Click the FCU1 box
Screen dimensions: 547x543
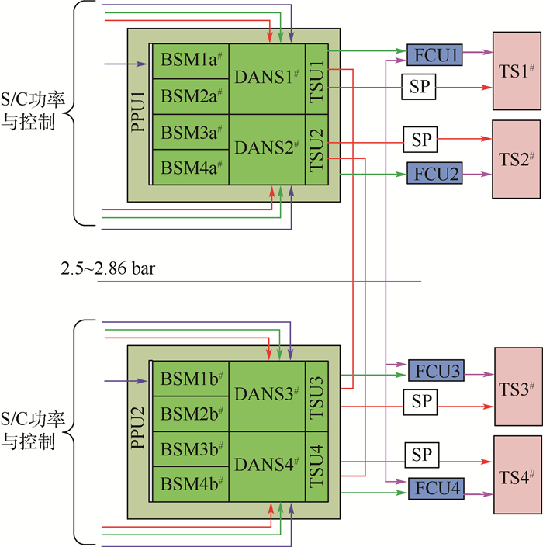tap(434, 54)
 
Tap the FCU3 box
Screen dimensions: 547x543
tap(436, 371)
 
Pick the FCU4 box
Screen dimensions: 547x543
tap(436, 489)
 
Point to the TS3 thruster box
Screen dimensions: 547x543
tap(516, 386)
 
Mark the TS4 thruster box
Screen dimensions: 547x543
tap(516, 475)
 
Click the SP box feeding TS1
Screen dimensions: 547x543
tap(419, 87)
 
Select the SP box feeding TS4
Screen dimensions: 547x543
tap(421, 454)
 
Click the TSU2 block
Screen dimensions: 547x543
tap(316, 150)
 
